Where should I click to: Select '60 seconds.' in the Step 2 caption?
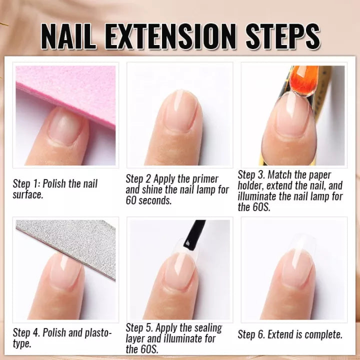click(x=148, y=201)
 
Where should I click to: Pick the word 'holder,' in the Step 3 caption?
click(x=253, y=186)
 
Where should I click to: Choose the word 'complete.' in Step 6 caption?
click(x=320, y=334)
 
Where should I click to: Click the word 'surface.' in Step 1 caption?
click(x=28, y=194)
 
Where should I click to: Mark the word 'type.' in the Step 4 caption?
click(x=22, y=343)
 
